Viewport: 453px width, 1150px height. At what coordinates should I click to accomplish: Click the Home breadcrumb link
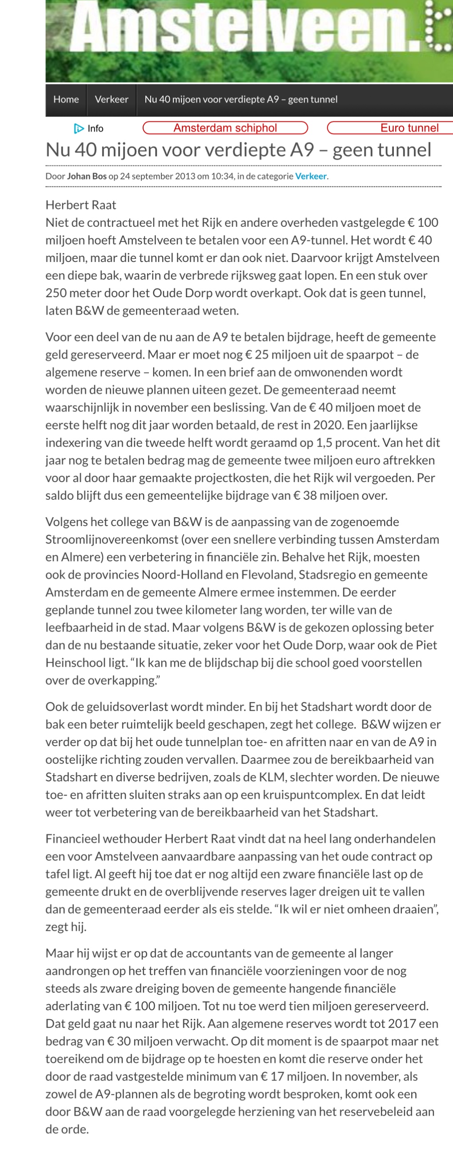66,100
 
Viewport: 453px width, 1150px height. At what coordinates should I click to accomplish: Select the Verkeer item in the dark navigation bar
112,100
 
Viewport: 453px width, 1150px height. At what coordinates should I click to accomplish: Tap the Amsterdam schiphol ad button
225,128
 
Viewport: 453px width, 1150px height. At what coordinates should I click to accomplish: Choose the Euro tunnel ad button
409,128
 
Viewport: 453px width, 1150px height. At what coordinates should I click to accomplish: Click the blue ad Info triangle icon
79,129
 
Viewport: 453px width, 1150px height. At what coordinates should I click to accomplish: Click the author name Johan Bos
87,177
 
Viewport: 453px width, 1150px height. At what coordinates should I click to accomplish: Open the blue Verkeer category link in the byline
311,177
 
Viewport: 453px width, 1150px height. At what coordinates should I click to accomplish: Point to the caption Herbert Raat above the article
81,205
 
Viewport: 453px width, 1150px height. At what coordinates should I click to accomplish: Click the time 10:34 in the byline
222,177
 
